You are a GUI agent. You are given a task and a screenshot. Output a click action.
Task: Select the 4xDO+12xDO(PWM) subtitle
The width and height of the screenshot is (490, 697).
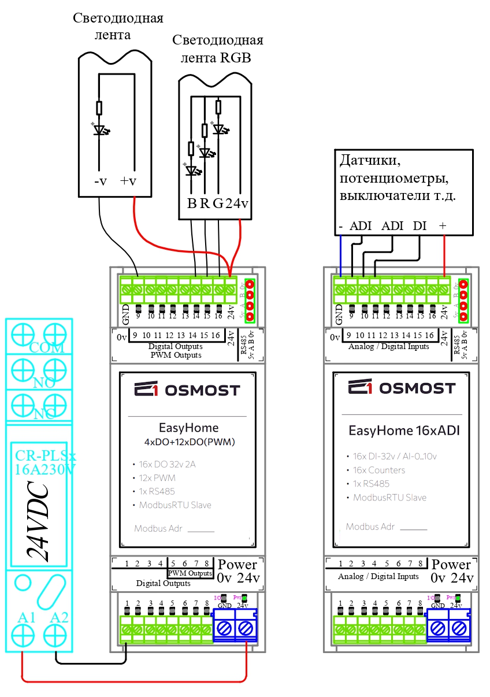pyautogui.click(x=190, y=442)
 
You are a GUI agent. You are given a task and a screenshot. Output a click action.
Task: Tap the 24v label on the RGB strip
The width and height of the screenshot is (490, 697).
pyautogui.click(x=237, y=203)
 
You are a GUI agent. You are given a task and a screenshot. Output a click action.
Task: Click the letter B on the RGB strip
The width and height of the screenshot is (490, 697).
pyautogui.click(x=192, y=203)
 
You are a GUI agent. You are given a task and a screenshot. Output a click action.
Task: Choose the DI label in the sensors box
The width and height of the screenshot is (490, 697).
pyautogui.click(x=420, y=226)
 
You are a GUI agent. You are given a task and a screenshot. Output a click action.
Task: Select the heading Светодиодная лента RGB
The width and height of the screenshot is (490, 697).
pyautogui.click(x=217, y=49)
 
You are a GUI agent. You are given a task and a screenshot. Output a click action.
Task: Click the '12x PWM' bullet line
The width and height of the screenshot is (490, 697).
pyautogui.click(x=157, y=478)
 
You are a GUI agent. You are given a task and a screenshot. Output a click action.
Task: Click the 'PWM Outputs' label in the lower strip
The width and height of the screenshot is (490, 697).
pyautogui.click(x=190, y=573)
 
